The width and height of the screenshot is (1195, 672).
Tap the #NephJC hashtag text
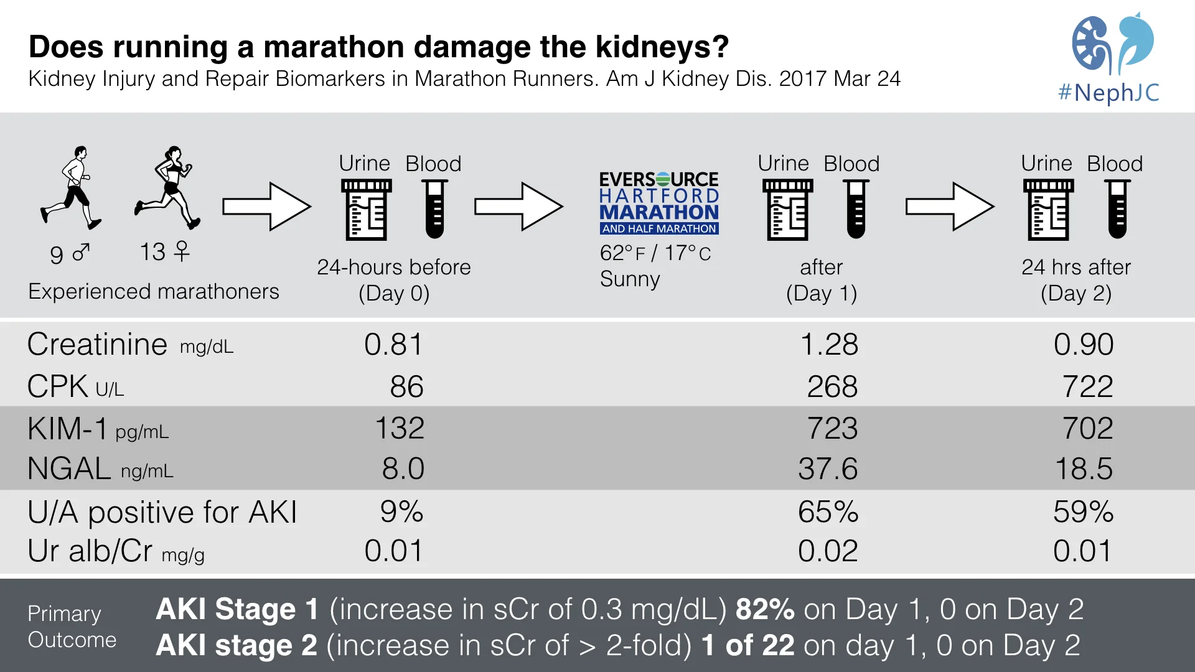click(1108, 93)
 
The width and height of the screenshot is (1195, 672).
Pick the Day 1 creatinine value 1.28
click(828, 345)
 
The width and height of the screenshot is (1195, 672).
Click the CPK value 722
click(1087, 386)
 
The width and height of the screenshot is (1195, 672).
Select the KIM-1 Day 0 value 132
click(400, 428)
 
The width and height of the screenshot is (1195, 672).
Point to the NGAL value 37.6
click(828, 469)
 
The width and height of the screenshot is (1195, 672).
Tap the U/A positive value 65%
click(828, 512)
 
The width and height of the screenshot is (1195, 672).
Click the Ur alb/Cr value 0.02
click(828, 551)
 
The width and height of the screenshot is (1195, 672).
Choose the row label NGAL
click(70, 469)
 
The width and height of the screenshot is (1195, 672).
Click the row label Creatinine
click(98, 345)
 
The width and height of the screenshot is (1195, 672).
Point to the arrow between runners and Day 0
click(266, 207)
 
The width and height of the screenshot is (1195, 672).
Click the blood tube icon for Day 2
click(1117, 209)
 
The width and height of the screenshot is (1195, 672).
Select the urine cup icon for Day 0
click(367, 210)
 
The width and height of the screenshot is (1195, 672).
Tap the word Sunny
click(630, 279)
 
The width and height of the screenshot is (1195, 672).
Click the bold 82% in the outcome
click(765, 609)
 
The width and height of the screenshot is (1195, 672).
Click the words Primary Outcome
click(72, 627)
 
